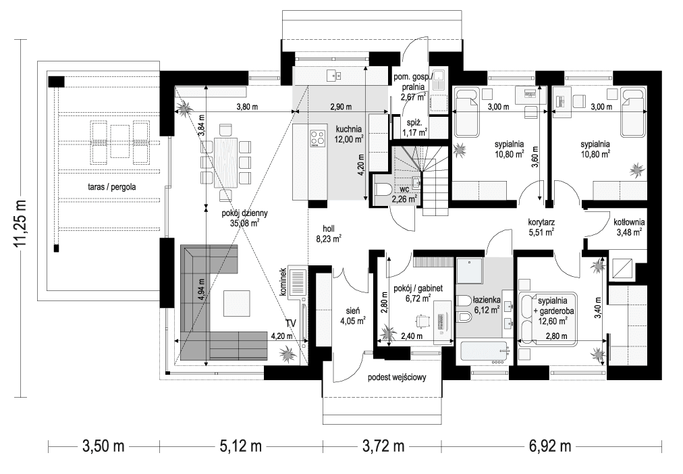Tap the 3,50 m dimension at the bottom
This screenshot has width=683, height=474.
pos(103,446)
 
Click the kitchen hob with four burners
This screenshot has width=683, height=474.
pos(318,138)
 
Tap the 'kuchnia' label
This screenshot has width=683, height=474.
pos(349,129)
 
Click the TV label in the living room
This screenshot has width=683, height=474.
pos(290,323)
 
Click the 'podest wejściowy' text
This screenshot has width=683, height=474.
pos(396,379)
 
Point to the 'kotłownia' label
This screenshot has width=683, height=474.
pos(629,221)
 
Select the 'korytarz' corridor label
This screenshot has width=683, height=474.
pos(541,221)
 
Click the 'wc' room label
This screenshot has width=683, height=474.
pos(404,190)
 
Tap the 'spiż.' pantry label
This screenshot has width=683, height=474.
pos(414,124)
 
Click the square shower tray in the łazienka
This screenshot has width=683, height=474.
pos(470,273)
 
